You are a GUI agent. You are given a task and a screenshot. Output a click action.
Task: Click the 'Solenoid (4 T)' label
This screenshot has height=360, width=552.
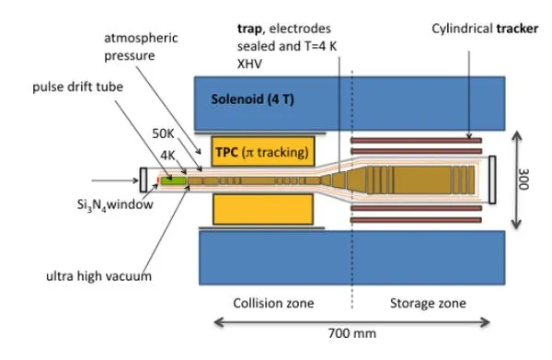point(252,99)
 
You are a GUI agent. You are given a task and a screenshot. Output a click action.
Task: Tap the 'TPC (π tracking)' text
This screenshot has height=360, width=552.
point(262,152)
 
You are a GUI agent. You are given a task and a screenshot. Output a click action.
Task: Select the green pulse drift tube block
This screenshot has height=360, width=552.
point(174,180)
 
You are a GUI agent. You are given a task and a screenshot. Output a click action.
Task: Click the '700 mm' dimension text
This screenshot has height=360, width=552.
point(351,333)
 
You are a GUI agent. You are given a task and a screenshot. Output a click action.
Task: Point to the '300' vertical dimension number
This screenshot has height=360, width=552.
point(523,179)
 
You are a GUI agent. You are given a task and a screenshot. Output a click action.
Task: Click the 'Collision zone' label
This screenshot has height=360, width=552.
point(273,303)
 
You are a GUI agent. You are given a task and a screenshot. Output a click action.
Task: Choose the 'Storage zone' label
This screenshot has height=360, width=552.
point(428,303)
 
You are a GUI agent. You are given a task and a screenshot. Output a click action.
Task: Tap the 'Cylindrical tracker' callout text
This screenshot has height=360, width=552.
point(485,29)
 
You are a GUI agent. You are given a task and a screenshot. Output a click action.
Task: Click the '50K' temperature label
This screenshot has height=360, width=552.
point(163,134)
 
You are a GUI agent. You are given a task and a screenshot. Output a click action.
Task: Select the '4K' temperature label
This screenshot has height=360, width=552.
point(167,155)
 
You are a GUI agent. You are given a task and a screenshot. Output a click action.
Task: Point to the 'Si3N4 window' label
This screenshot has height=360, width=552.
point(115,204)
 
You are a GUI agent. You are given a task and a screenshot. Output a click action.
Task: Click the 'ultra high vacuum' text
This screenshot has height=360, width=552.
point(99,276)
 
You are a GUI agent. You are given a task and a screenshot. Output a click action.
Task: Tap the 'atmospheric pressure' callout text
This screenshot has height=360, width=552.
point(141,47)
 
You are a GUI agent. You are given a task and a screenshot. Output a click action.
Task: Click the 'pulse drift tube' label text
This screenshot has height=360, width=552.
point(78,87)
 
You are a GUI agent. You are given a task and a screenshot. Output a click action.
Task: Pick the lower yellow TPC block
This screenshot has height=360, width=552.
point(263,209)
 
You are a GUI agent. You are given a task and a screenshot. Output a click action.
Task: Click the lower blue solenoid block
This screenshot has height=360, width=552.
point(352,258)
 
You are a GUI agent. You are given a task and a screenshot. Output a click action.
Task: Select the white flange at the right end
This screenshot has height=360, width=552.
point(492,180)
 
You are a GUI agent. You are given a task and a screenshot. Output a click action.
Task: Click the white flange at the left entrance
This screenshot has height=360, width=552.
point(144,180)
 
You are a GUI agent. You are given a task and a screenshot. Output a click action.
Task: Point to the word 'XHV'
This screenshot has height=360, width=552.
point(249,64)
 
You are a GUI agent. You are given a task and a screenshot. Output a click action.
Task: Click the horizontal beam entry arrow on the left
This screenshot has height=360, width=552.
point(115,180)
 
